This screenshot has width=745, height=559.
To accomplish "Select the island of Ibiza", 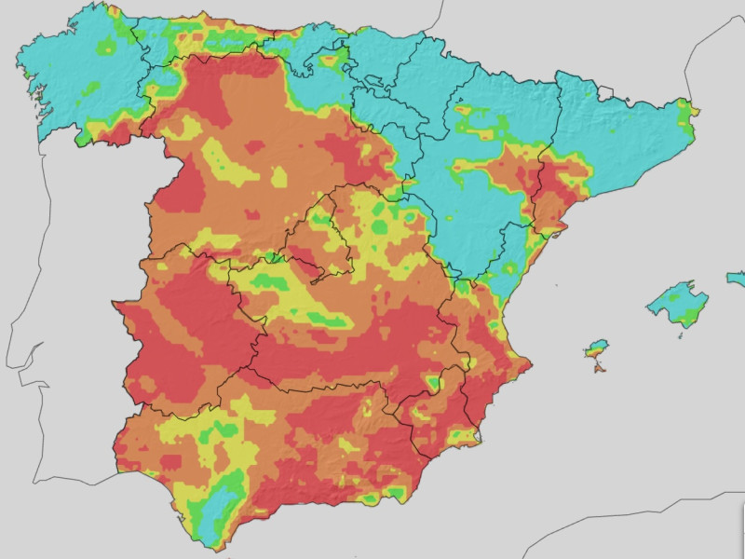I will [595, 351].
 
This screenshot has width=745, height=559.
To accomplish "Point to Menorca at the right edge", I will [737, 278].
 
